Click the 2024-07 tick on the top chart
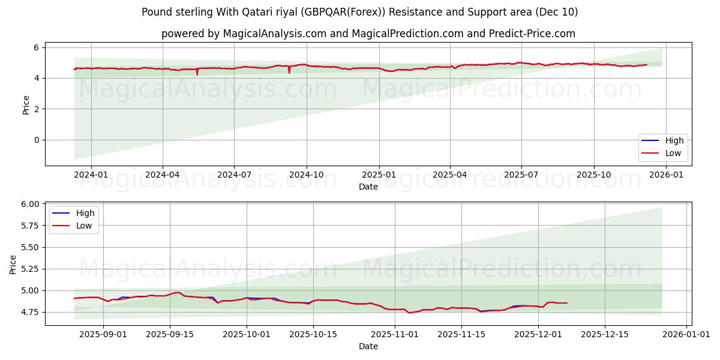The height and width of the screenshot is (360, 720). click(234, 175)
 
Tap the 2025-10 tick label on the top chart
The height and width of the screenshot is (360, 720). click(594, 175)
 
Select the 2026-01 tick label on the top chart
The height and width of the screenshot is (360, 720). click(667, 175)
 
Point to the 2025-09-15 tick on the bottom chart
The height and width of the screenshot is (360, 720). click(170, 334)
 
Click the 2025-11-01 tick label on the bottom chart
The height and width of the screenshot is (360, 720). click(395, 334)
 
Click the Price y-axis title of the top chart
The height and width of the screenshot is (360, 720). click(26, 104)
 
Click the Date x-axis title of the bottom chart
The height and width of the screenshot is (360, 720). click(368, 346)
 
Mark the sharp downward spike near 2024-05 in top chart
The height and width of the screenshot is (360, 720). click(197, 74)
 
